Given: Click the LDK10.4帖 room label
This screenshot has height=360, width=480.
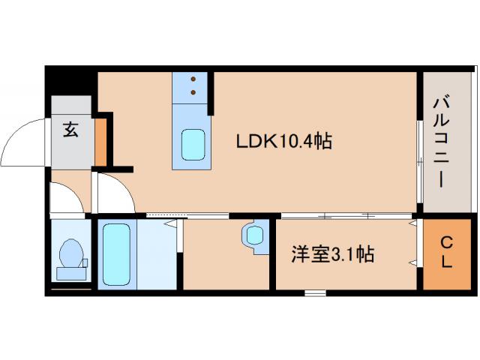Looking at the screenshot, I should point(284,140).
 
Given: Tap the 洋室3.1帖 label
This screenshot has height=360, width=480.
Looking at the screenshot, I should point(333,255).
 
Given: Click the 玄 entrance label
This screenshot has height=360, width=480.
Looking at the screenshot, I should point(70,130).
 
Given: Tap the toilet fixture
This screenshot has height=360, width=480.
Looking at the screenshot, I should point(71,253).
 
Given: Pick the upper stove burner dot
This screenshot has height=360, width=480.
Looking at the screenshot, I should point(194,79).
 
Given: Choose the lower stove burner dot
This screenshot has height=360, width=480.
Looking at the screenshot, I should point(194,93).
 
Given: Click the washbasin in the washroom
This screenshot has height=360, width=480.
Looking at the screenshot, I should point(254,235).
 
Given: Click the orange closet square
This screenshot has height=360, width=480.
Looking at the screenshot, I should point(445,253).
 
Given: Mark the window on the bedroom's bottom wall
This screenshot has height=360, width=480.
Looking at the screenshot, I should point(315,292).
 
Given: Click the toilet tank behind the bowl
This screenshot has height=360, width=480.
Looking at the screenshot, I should point(71,272).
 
